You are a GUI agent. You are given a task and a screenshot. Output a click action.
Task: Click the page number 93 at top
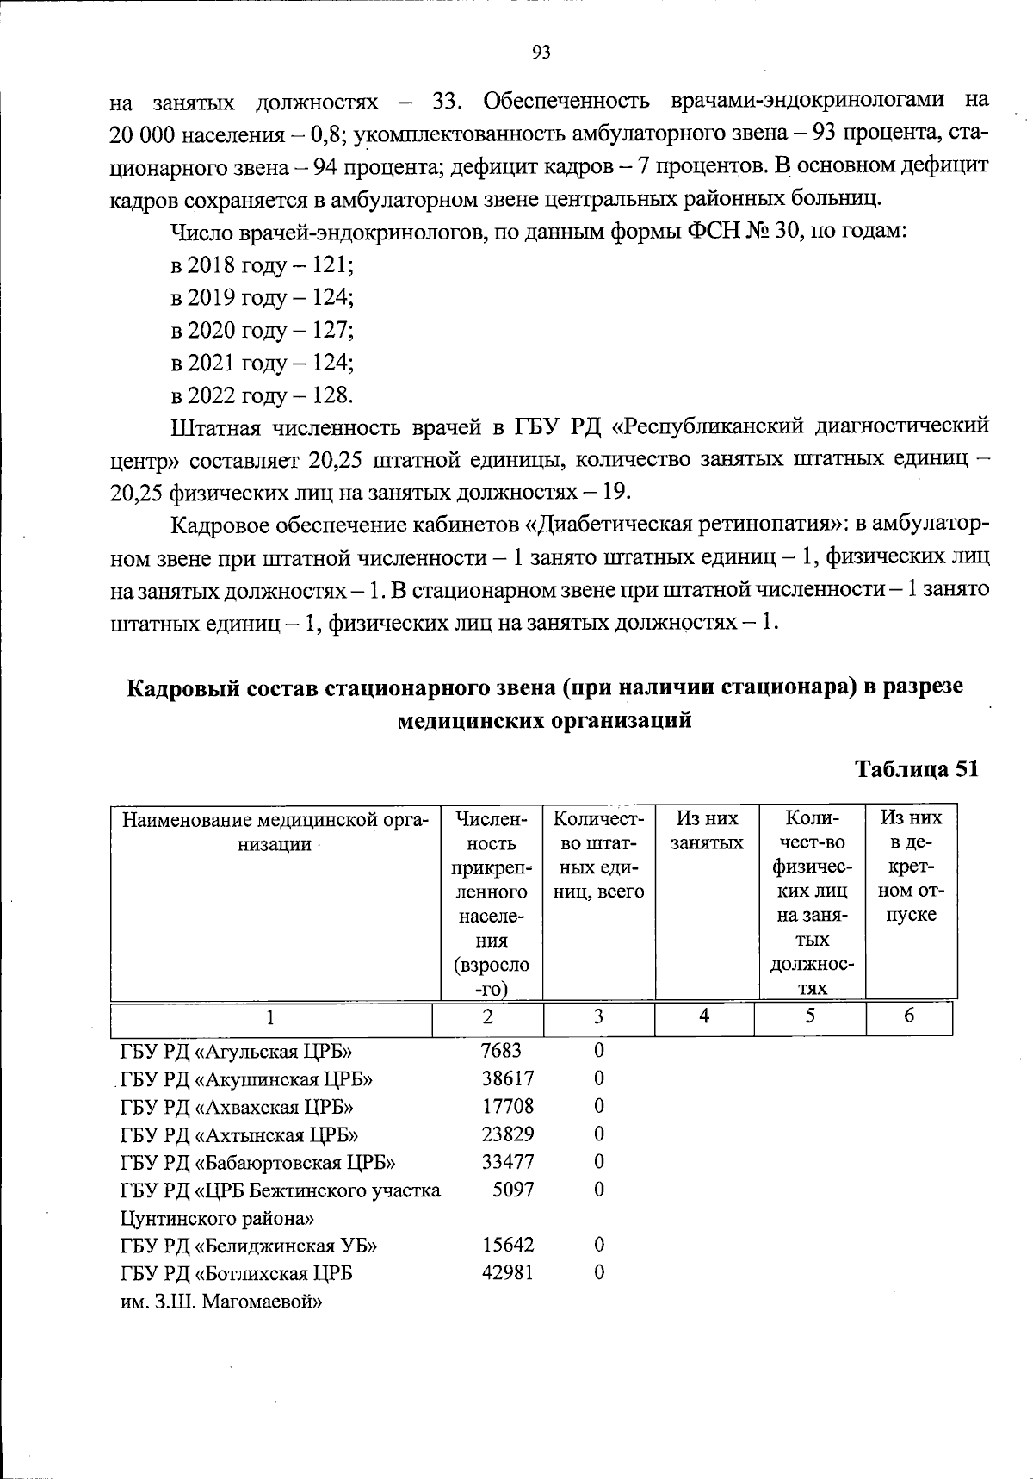(x=541, y=53)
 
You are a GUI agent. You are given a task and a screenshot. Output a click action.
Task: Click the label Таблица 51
(x=916, y=768)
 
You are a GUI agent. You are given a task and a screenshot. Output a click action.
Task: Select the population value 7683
(x=501, y=1050)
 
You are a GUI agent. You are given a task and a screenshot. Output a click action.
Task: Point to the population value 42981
(x=507, y=1272)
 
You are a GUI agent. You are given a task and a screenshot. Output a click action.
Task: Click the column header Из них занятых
(x=707, y=830)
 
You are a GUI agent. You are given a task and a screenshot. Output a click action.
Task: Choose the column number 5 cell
(x=810, y=1016)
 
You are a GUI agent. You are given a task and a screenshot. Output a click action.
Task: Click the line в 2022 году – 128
(x=263, y=395)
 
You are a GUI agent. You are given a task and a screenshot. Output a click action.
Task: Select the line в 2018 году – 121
(x=263, y=264)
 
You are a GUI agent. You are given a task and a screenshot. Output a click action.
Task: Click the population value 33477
(x=507, y=1161)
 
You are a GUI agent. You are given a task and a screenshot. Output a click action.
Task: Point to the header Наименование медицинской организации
(x=275, y=830)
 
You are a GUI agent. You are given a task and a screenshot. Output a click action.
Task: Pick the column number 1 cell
(x=270, y=1018)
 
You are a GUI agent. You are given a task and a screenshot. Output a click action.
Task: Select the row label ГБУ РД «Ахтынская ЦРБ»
(x=238, y=1134)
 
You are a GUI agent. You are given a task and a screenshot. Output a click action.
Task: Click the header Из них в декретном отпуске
(x=911, y=866)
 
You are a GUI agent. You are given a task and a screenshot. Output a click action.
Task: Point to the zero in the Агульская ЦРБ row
(x=599, y=1050)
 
